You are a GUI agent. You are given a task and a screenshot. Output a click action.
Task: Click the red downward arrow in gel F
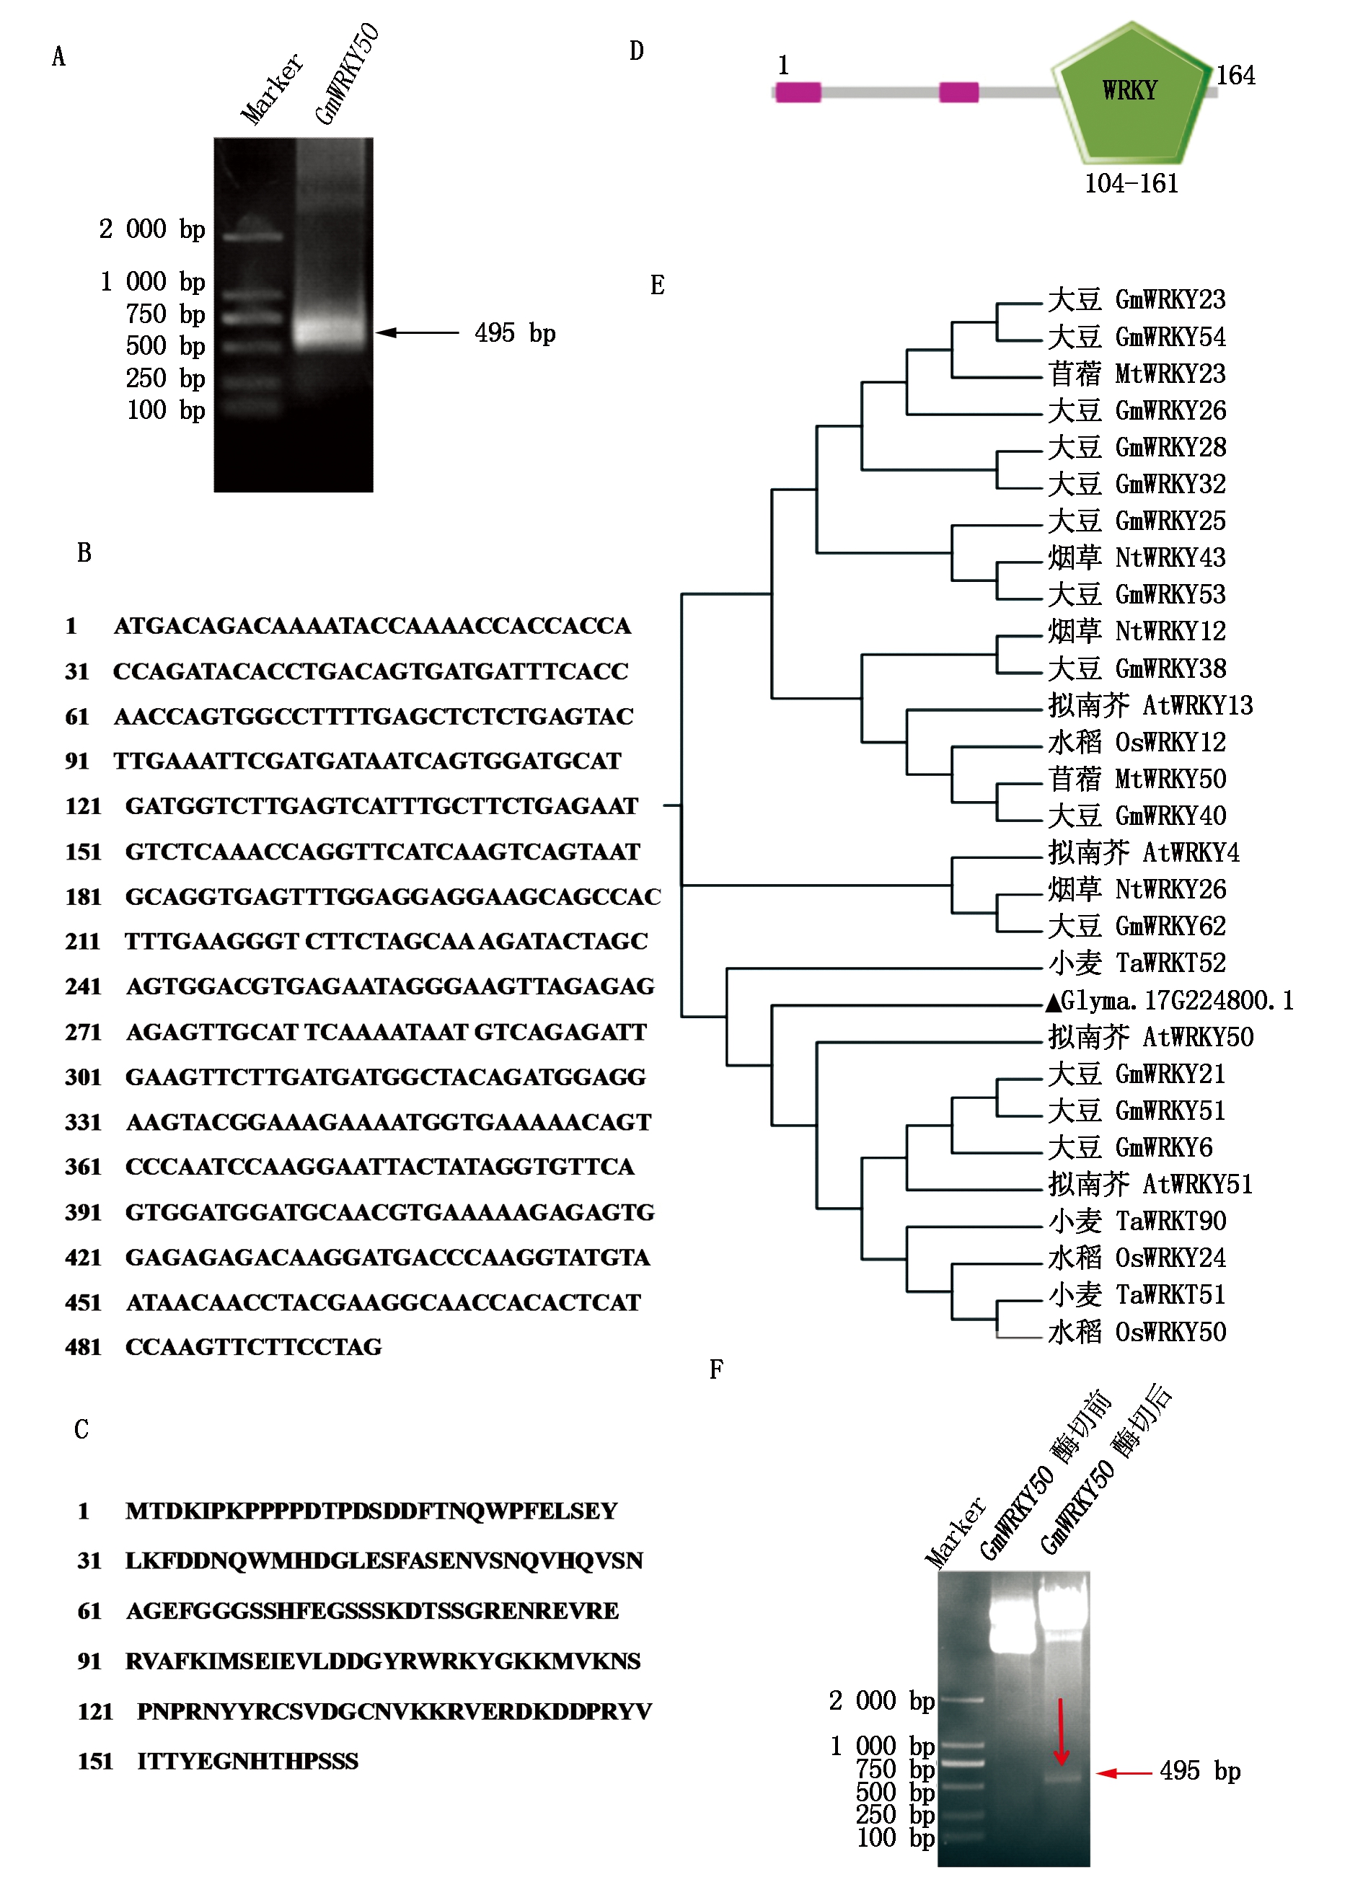click(x=1061, y=1731)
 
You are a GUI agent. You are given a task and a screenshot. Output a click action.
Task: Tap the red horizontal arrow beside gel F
click(x=1123, y=1772)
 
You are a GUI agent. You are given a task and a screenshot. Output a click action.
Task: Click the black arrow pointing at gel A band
click(x=417, y=332)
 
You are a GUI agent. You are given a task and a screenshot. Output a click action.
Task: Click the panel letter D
click(x=636, y=51)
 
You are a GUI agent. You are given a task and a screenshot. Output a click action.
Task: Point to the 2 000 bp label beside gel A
click(x=152, y=229)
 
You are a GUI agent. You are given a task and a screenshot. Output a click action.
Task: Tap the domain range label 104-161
click(x=1132, y=184)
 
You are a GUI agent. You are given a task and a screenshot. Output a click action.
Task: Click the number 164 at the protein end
click(x=1235, y=75)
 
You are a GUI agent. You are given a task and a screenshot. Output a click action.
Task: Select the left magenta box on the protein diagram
click(x=798, y=92)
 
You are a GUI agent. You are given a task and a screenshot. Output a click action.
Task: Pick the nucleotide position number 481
click(x=83, y=1347)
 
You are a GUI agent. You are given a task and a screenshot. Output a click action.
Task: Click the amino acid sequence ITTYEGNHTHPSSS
click(x=247, y=1761)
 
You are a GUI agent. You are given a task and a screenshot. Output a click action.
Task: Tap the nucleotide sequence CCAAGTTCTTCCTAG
click(x=253, y=1347)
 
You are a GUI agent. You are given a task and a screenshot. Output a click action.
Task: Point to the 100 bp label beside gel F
click(x=894, y=1838)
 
